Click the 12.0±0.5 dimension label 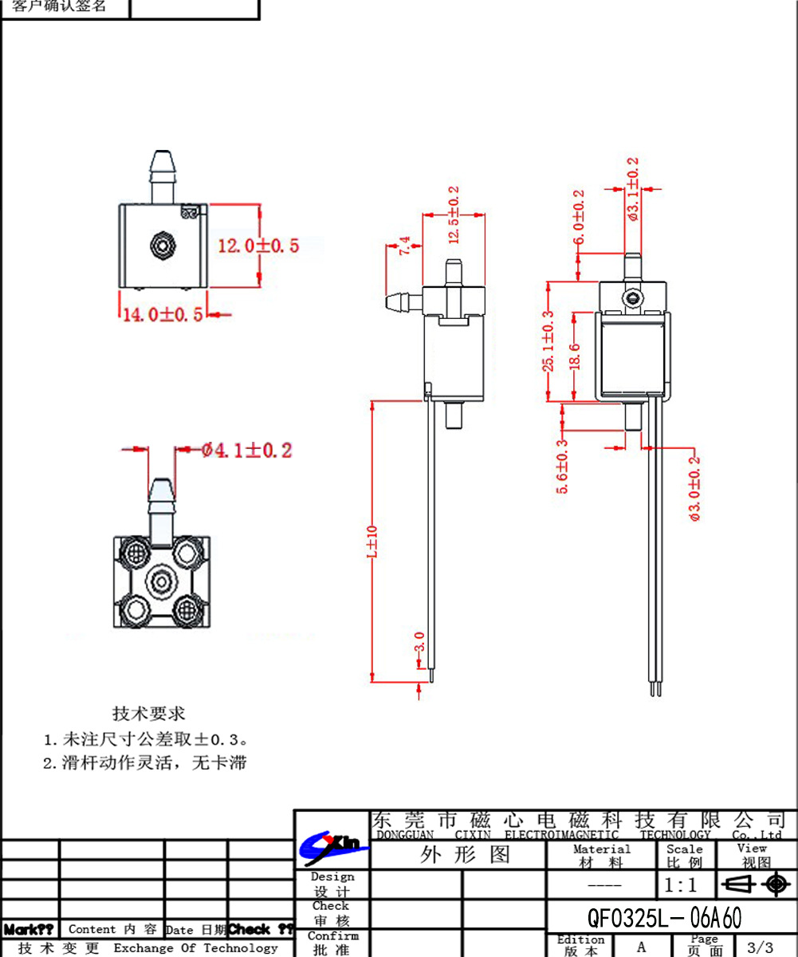click(x=258, y=246)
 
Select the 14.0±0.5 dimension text click(x=162, y=314)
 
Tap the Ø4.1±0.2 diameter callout click(x=247, y=451)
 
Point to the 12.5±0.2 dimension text click(x=454, y=205)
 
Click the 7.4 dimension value click(x=405, y=246)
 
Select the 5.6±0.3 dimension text click(x=562, y=467)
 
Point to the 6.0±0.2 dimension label click(x=579, y=217)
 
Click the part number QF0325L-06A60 click(x=664, y=918)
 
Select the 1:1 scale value click(x=680, y=885)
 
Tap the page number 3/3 click(x=759, y=947)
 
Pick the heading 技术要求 click(x=149, y=712)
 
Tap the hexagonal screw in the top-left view click(x=162, y=245)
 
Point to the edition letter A click(x=641, y=947)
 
